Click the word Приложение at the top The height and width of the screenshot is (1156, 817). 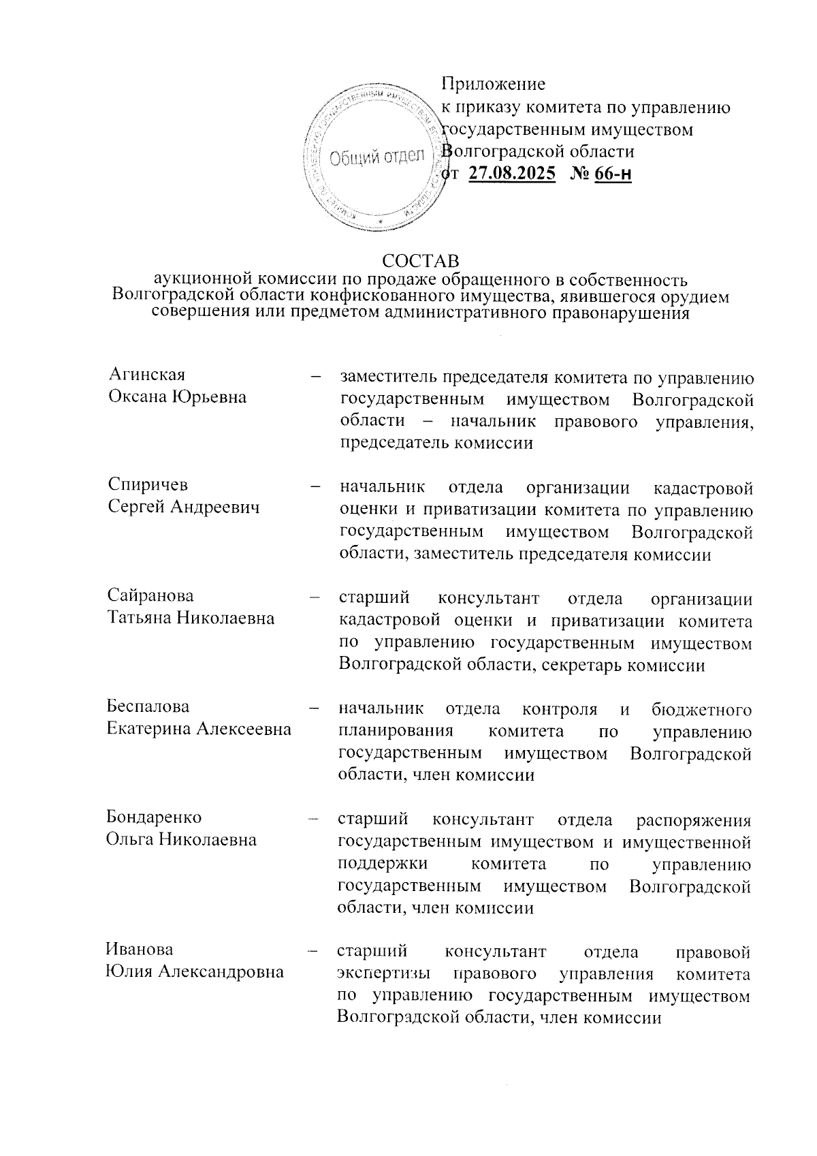click(493, 84)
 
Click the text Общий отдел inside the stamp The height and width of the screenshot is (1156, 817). click(377, 157)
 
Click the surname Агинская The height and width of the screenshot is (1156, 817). click(147, 375)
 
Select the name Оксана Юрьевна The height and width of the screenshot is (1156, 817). click(178, 397)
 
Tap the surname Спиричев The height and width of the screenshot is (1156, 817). click(148, 485)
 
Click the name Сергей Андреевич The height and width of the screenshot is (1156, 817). click(184, 507)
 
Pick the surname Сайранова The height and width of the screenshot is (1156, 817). click(150, 596)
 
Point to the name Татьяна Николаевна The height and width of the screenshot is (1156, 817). click(191, 619)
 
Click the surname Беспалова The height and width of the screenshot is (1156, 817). click(148, 706)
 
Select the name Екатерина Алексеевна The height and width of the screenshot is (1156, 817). click(199, 729)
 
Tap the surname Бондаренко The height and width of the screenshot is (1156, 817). click(154, 817)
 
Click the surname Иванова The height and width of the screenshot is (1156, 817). click(139, 950)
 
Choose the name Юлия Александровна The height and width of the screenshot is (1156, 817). click(194, 972)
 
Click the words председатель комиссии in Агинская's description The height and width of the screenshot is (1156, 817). click(436, 443)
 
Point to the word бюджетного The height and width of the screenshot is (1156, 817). click(701, 710)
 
